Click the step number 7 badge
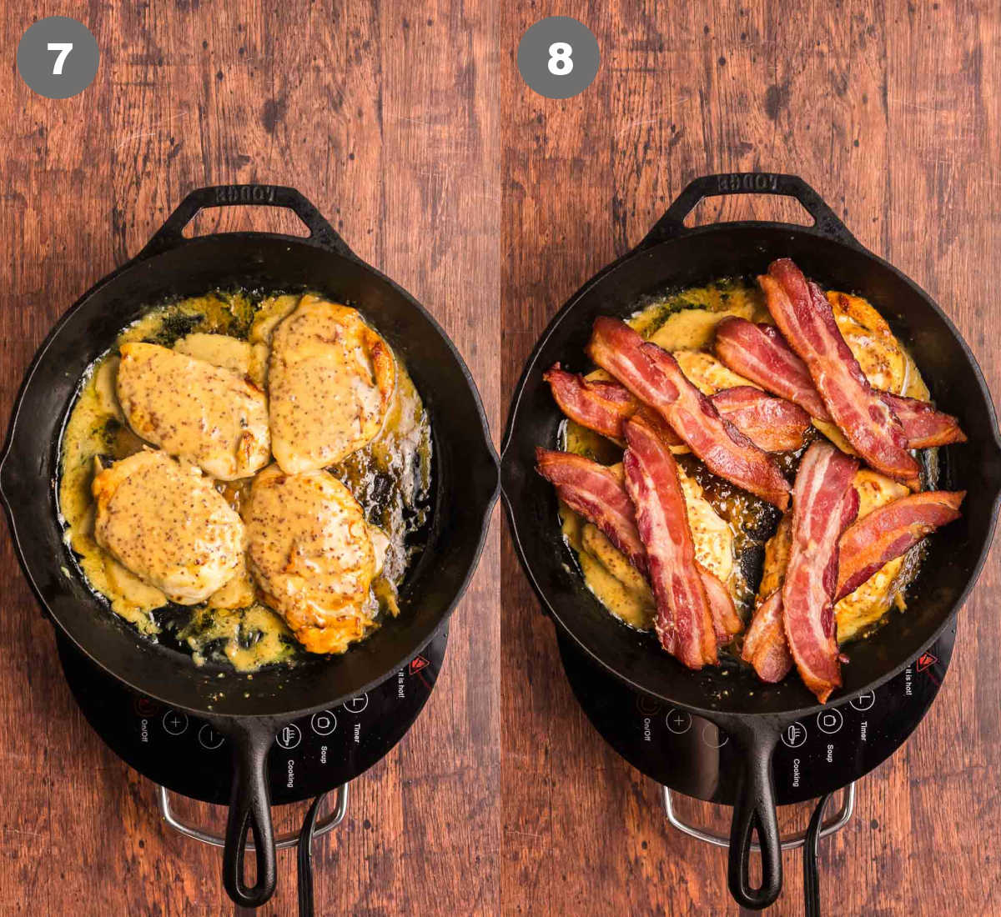click(58, 58)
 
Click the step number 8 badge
click(558, 58)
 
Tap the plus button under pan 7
click(175, 722)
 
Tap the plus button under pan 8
click(677, 721)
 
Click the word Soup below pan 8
click(829, 753)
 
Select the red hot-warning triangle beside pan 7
click(418, 664)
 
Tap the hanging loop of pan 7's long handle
click(249, 867)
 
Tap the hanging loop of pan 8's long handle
click(755, 867)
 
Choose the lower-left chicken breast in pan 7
click(167, 525)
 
